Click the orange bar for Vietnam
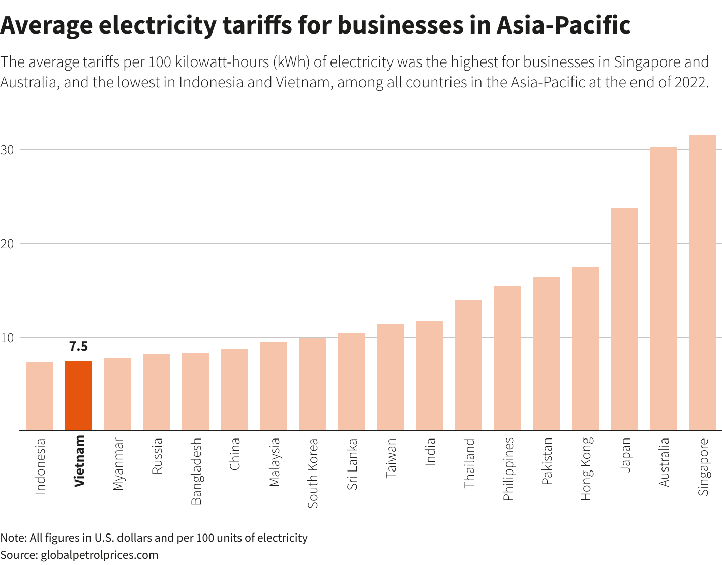(x=78, y=395)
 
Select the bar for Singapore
(x=702, y=282)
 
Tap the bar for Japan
(x=624, y=319)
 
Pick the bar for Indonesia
(x=40, y=396)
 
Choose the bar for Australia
(x=663, y=289)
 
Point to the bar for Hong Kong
(x=585, y=349)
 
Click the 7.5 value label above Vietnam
(x=78, y=347)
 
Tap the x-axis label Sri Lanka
(x=352, y=463)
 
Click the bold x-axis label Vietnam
(x=79, y=461)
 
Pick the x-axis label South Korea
(x=313, y=473)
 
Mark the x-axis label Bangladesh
(x=196, y=471)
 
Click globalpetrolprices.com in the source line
(x=99, y=555)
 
